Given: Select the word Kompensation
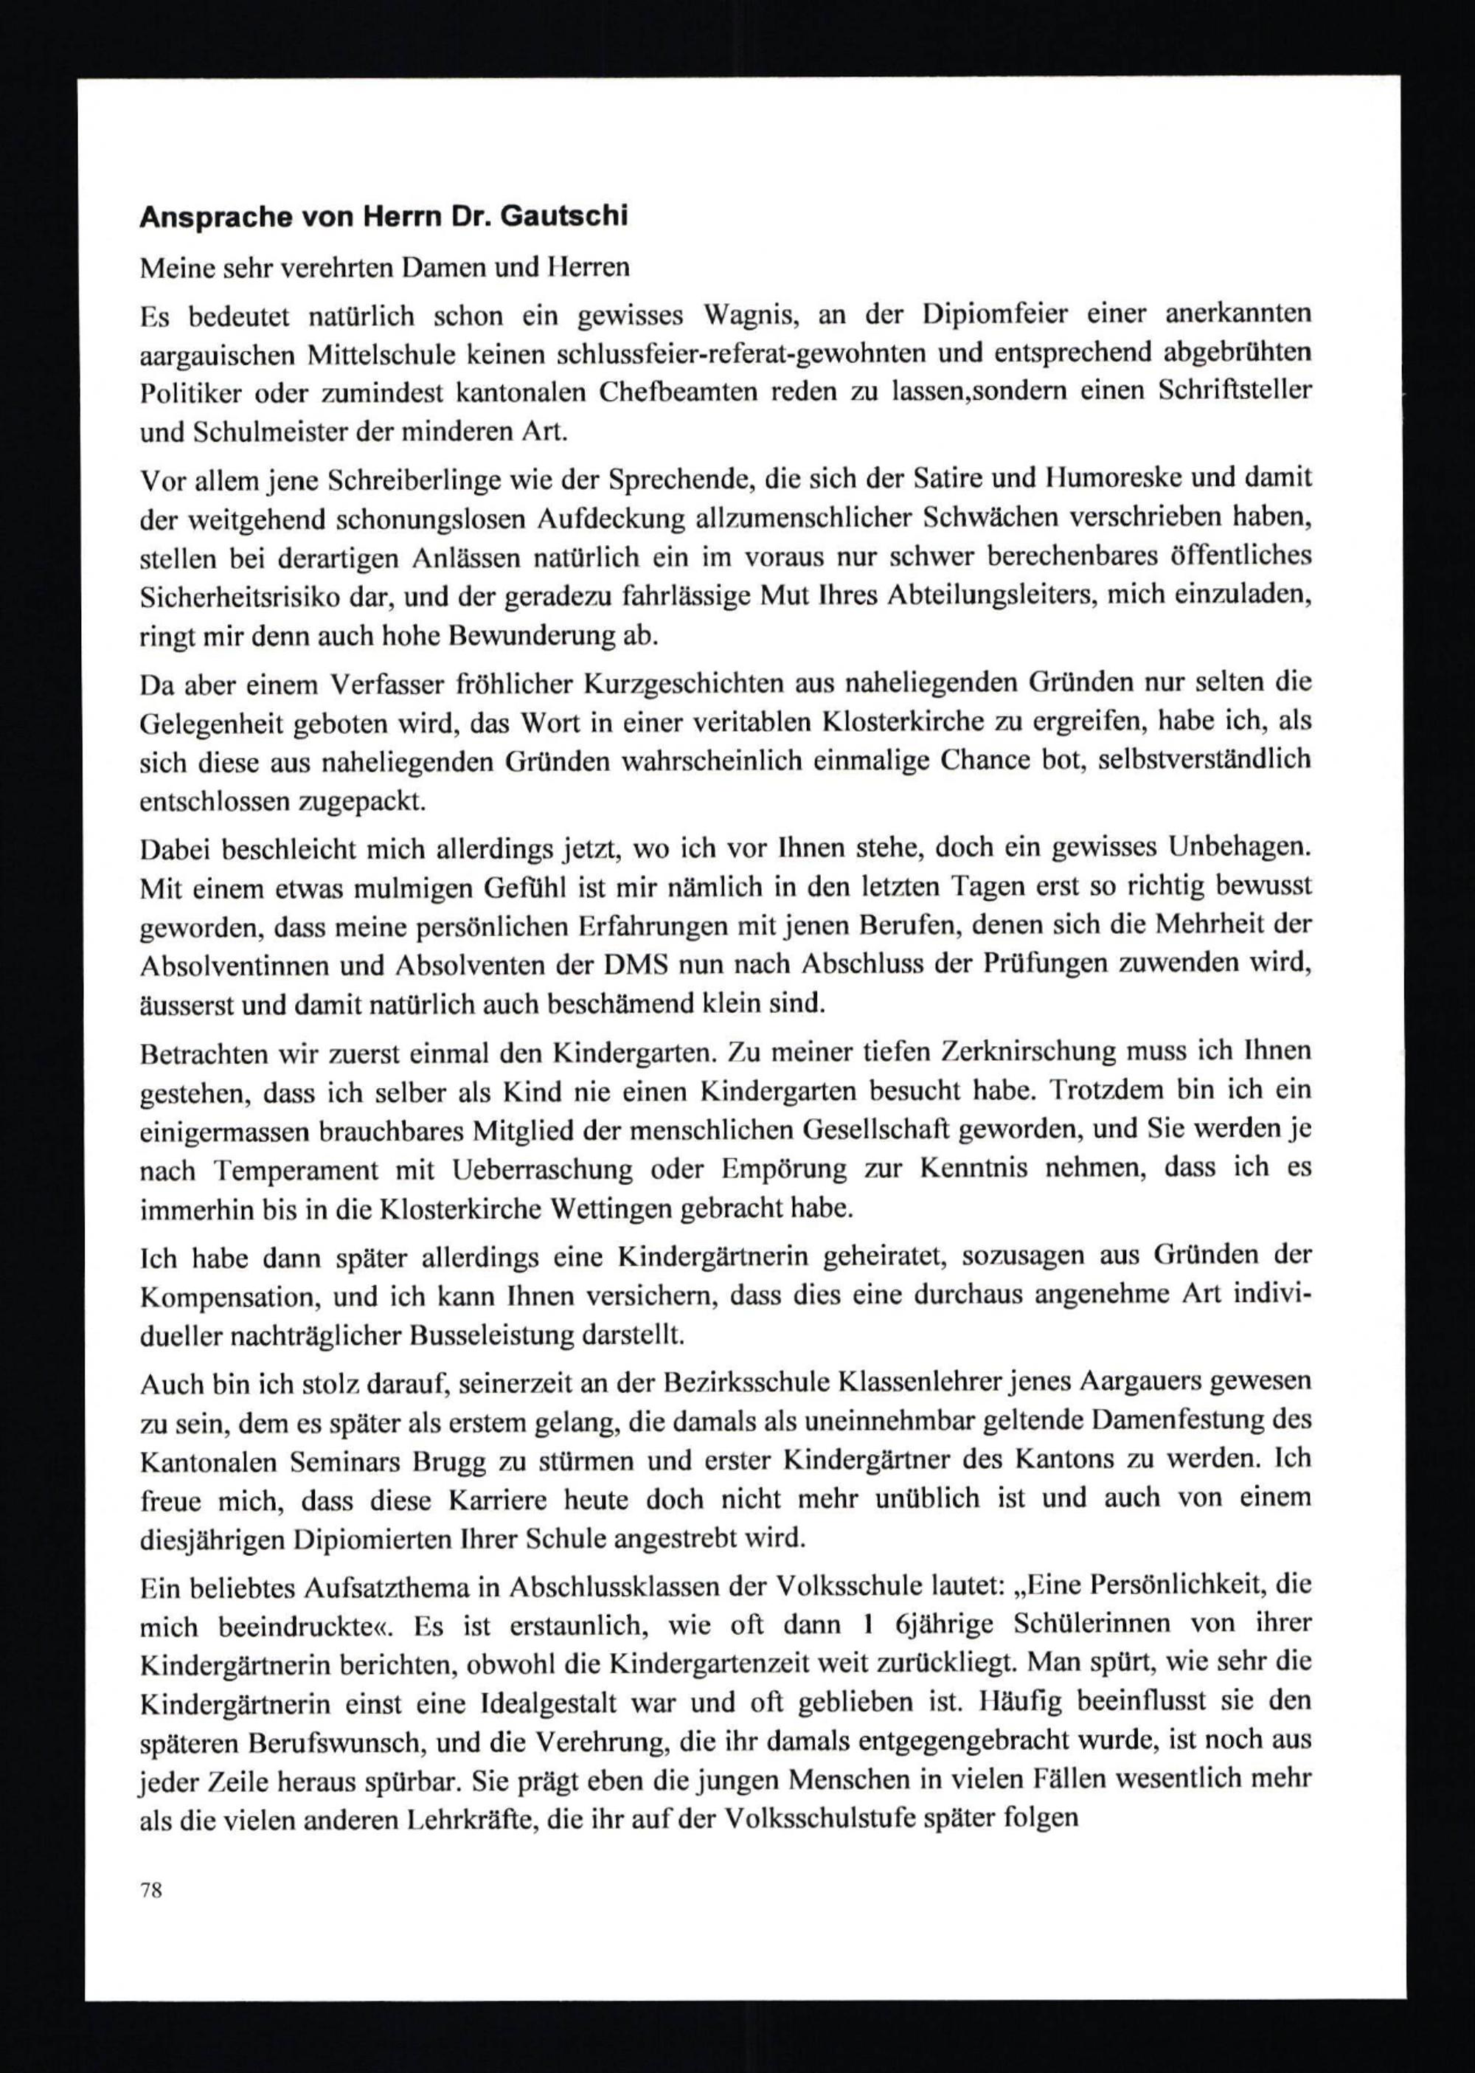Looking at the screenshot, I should click(x=235, y=1297).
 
